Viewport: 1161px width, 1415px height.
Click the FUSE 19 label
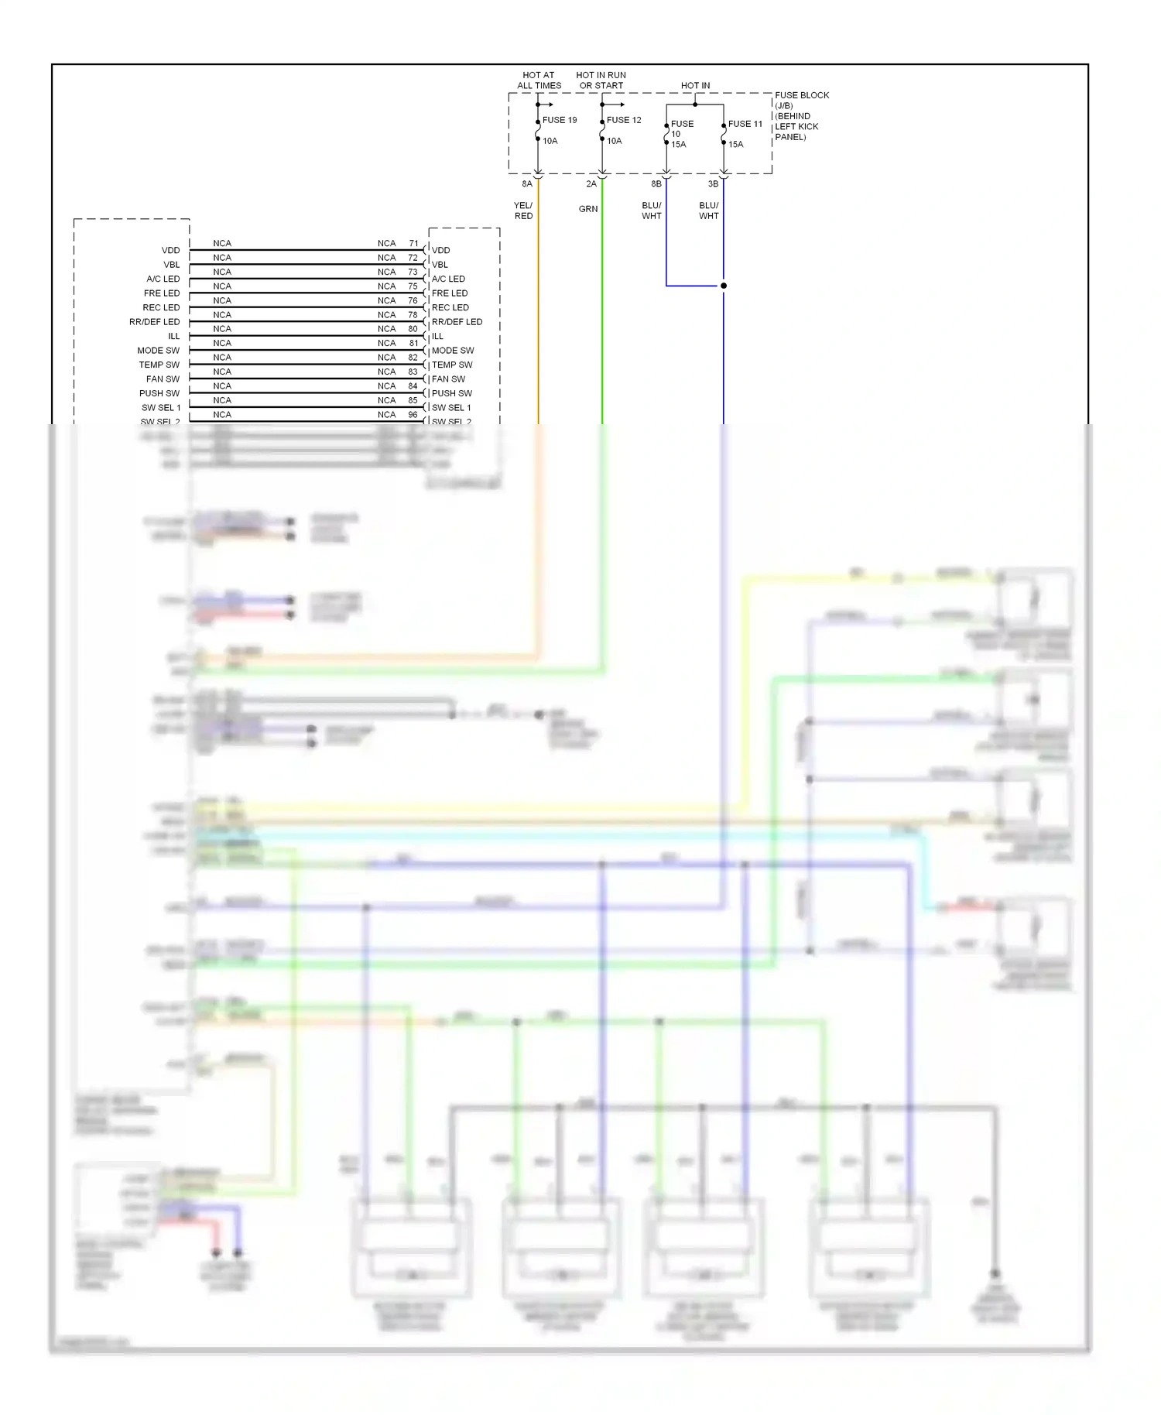[559, 120]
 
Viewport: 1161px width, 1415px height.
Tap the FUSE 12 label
[623, 120]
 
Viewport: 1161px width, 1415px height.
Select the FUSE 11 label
[745, 124]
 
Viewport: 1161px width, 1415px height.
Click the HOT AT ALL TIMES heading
[539, 81]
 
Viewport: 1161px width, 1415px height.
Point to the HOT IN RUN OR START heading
[601, 81]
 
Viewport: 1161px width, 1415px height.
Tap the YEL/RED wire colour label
[523, 211]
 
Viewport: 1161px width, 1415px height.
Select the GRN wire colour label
[588, 209]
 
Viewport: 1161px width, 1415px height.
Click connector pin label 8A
[527, 184]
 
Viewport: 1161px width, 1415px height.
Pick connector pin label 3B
[713, 184]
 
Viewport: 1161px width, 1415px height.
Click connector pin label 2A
[591, 184]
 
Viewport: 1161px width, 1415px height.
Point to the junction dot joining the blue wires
[724, 286]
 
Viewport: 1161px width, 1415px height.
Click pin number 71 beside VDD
[413, 243]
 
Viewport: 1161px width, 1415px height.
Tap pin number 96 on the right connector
[413, 415]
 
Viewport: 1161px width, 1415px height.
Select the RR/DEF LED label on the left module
[154, 322]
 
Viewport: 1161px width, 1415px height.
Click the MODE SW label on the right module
[453, 351]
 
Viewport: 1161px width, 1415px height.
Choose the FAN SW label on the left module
[163, 379]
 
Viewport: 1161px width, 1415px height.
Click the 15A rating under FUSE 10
[679, 145]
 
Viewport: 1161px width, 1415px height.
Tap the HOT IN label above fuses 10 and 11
[695, 86]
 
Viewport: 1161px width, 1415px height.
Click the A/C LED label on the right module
[448, 279]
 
